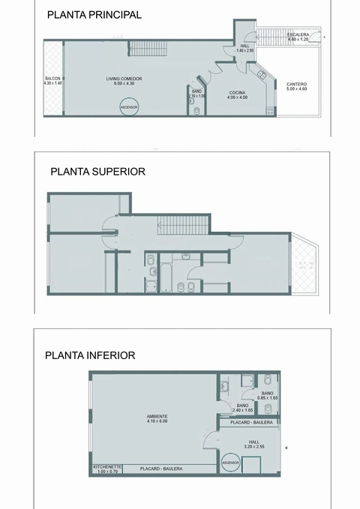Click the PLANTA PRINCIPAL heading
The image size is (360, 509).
click(94, 14)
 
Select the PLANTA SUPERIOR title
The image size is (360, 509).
click(97, 171)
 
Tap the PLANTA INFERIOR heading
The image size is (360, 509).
click(90, 355)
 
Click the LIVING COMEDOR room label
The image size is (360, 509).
click(124, 81)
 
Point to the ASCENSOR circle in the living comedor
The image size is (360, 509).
click(129, 108)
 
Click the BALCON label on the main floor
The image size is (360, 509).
click(52, 81)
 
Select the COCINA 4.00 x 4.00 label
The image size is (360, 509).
click(238, 94)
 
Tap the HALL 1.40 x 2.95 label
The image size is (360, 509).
click(244, 48)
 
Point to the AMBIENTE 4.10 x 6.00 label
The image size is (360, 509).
click(157, 418)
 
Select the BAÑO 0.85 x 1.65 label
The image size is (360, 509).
click(268, 395)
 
